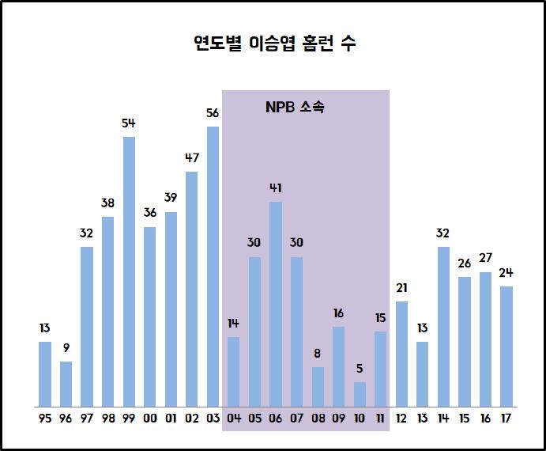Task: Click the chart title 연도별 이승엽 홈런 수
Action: (274, 44)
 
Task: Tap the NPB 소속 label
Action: (295, 108)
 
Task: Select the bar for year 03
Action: (213, 266)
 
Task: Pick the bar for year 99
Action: (129, 271)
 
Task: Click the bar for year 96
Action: (66, 384)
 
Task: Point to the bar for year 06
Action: (276, 304)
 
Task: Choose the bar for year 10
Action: (360, 394)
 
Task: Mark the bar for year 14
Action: (443, 327)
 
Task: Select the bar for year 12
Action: (401, 354)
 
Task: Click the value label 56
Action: (213, 113)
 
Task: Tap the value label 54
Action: (129, 123)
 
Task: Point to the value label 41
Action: (276, 188)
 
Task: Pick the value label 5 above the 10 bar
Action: (360, 369)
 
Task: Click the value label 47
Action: (192, 157)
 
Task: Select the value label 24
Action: (506, 273)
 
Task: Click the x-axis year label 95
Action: (45, 419)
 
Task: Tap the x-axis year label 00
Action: (150, 419)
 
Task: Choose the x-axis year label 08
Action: (318, 419)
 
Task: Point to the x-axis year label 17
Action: (506, 419)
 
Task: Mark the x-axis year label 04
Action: (234, 419)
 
